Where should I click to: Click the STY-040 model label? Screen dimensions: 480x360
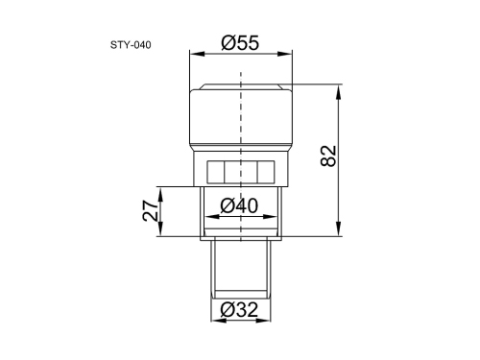(x=131, y=45)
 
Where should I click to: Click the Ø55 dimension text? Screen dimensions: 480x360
(x=240, y=43)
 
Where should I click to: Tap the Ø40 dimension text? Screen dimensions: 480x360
(x=239, y=205)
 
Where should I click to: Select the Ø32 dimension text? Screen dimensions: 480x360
(x=239, y=309)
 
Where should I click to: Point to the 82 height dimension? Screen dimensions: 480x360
(x=328, y=156)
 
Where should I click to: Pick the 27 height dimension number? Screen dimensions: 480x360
(x=151, y=211)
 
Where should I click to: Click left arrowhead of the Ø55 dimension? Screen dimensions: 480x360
(x=197, y=54)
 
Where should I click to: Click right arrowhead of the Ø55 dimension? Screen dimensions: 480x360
(x=285, y=54)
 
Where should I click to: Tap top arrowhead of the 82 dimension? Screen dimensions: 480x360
(x=338, y=92)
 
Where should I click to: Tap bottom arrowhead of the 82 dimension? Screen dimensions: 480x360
(x=338, y=228)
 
